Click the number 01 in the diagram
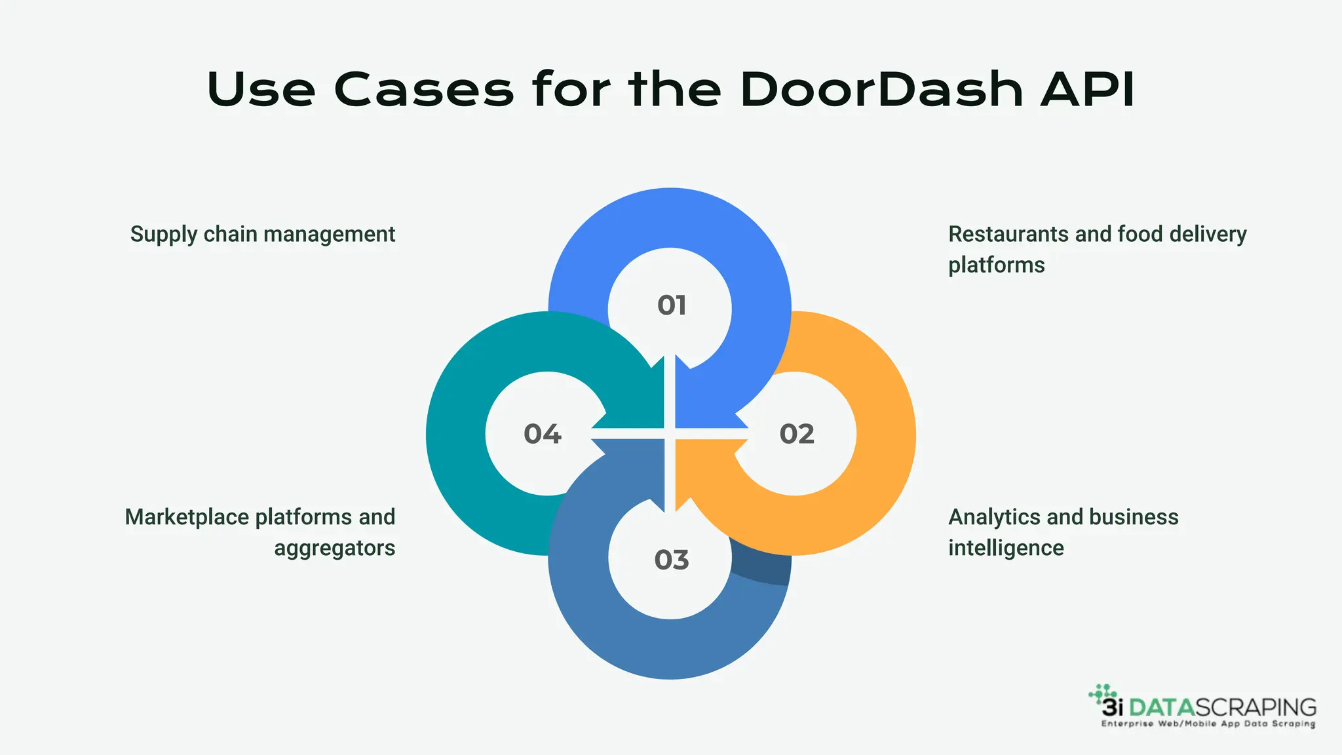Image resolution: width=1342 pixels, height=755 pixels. click(672, 305)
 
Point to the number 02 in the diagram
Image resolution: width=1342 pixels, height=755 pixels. click(797, 434)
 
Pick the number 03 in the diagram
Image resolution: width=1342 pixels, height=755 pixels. click(672, 560)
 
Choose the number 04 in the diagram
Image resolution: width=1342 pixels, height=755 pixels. click(543, 434)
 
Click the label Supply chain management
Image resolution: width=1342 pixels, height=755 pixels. click(262, 235)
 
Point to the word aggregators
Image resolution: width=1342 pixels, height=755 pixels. click(334, 549)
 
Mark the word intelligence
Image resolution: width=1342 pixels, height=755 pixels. click(1006, 548)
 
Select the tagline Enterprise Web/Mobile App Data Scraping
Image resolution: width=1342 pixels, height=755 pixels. click(1208, 724)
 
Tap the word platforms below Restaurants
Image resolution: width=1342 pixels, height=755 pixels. click(996, 265)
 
